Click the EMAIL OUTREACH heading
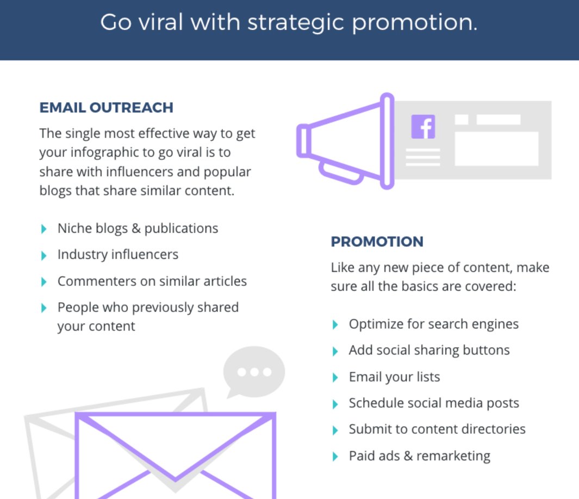point(106,108)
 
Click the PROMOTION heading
point(377,242)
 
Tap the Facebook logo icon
point(423,127)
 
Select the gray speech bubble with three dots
point(253,371)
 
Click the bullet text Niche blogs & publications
point(138,228)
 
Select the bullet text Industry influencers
point(117,254)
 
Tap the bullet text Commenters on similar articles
point(152,281)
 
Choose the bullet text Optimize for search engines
point(433,325)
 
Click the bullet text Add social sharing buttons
point(429,350)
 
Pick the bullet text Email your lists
point(394,377)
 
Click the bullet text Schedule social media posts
point(433,403)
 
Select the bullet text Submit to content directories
point(437,429)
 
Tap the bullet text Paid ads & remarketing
point(419,456)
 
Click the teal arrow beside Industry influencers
point(44,255)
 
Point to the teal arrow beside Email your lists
point(335,377)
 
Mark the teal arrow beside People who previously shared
point(44,308)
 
